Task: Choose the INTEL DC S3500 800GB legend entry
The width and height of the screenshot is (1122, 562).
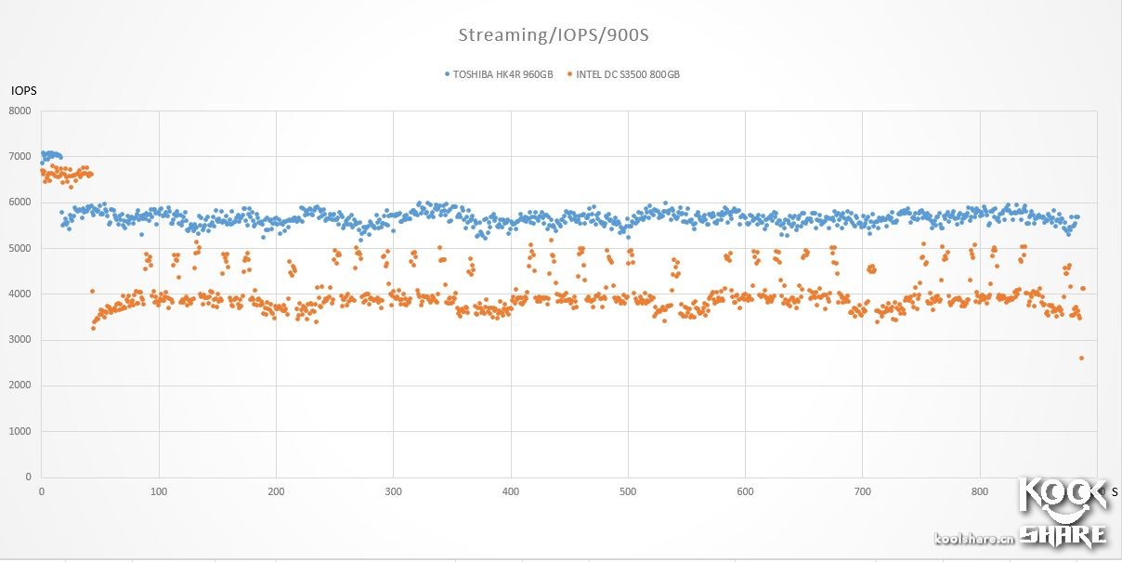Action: click(x=627, y=74)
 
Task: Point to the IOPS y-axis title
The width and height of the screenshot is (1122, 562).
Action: click(x=23, y=91)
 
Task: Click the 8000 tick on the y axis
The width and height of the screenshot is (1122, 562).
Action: click(x=20, y=111)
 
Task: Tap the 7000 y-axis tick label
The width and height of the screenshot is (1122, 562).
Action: click(x=20, y=157)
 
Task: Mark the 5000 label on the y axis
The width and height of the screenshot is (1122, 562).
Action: click(x=20, y=249)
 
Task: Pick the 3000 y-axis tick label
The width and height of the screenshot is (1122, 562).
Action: click(x=20, y=340)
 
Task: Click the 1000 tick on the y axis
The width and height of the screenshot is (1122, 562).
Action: click(x=20, y=431)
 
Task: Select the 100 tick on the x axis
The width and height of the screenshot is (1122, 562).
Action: click(x=159, y=491)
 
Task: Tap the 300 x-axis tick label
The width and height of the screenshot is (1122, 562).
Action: click(x=393, y=491)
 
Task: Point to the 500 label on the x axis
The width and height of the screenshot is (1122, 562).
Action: click(x=628, y=491)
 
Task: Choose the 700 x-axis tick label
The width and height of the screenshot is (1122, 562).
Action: click(x=863, y=491)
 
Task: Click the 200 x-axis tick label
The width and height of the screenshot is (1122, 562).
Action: click(x=276, y=491)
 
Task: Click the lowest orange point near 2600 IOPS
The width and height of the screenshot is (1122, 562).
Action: click(x=1081, y=358)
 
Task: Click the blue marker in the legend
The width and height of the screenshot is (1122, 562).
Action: click(x=447, y=74)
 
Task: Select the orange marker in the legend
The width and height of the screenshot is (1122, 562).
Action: click(x=569, y=74)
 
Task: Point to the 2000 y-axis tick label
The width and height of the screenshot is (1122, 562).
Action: click(x=20, y=386)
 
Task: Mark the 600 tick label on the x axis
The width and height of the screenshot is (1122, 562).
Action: click(x=745, y=491)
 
